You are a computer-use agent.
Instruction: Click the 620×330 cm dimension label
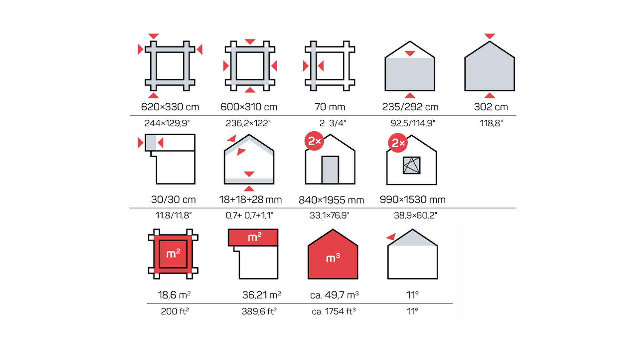tap(170, 107)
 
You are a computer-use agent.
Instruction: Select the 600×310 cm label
tap(249, 107)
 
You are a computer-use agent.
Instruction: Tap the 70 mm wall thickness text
tap(330, 107)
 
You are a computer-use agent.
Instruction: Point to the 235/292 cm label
tap(410, 107)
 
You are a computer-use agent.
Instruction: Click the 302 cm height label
tap(491, 107)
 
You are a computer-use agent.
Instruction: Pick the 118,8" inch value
tap(491, 123)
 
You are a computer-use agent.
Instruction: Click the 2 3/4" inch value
tap(333, 123)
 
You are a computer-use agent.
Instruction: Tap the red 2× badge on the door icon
tap(314, 141)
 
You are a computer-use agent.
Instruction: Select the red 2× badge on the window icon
tap(398, 143)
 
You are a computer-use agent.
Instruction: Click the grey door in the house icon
tap(330, 170)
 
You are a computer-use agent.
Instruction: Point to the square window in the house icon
tap(412, 165)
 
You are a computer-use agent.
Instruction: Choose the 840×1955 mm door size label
tap(331, 200)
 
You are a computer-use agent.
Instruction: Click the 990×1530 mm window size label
tap(413, 200)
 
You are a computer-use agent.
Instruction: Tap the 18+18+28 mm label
tap(250, 200)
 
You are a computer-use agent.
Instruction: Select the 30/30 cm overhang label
tap(173, 200)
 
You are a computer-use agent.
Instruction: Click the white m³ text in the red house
tap(333, 258)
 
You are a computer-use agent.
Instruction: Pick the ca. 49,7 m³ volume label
tap(334, 295)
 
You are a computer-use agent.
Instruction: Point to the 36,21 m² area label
tap(262, 295)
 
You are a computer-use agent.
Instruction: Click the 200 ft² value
tap(175, 311)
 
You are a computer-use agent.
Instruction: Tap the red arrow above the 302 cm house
tap(489, 36)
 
